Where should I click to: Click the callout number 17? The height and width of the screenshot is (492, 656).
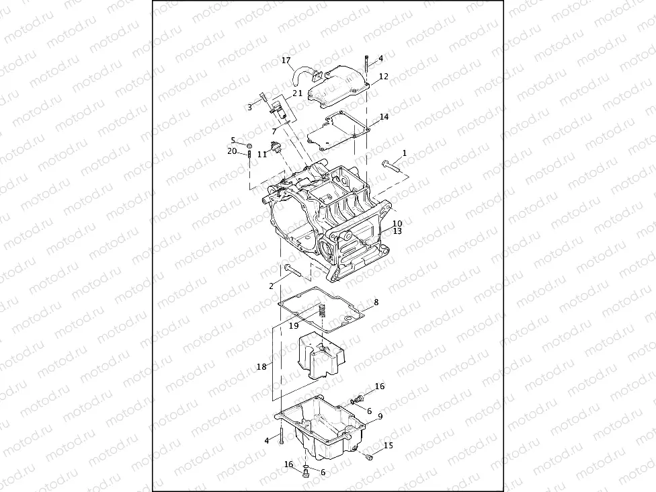286,60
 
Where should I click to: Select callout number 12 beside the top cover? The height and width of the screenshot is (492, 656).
384,77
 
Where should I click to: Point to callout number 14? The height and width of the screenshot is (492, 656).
384,117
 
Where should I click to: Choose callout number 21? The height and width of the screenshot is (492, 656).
296,93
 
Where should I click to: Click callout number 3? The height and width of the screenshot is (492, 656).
249,107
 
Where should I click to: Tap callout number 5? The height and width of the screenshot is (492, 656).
233,140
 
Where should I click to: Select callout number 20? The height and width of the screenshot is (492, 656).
232,151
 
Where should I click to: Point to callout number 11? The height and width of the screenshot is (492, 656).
262,154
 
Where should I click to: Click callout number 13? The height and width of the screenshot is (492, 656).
397,231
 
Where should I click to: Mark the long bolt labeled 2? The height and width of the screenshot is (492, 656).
294,271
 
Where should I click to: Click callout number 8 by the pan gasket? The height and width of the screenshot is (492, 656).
376,302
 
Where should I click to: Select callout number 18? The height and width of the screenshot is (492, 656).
261,366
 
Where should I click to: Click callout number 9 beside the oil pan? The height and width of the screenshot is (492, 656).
380,417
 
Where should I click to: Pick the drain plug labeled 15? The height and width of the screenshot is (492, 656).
369,457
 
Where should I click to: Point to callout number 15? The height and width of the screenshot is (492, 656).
388,445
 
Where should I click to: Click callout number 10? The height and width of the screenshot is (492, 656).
397,223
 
